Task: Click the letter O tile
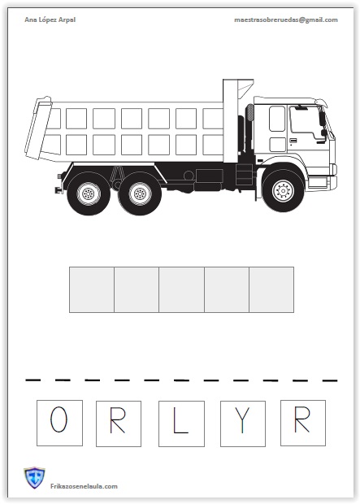coord(59,423)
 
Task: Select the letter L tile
coord(181,424)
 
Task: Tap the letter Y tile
coord(243,424)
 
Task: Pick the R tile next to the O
coord(119,424)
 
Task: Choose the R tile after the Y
coord(303,423)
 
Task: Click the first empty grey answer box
coord(92,289)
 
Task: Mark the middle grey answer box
coord(181,289)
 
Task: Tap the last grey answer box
coord(271,289)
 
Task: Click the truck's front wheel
coord(283,190)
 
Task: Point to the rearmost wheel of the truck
coord(88,193)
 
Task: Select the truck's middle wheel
coord(140,193)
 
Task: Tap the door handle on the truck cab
coord(293,141)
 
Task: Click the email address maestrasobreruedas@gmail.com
coord(286,20)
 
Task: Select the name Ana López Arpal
coord(50,20)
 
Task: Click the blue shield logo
coord(34,478)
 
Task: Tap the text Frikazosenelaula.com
coord(84,486)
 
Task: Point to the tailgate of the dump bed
coord(37,128)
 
